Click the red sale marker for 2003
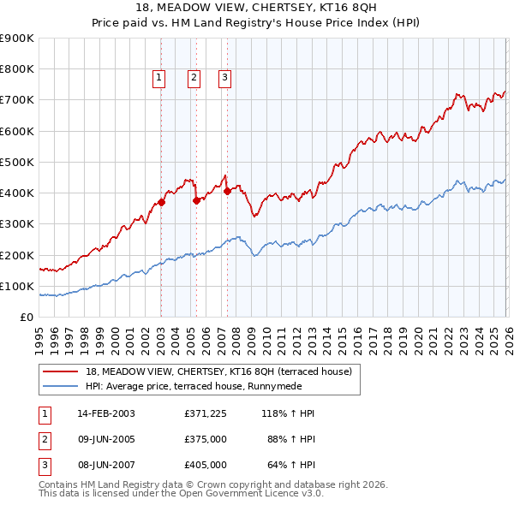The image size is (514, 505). tap(162, 203)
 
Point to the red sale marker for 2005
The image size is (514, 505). tap(197, 201)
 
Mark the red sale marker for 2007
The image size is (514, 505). tap(227, 192)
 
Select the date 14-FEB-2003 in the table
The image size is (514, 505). tap(106, 413)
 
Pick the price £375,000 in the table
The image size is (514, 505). tap(206, 439)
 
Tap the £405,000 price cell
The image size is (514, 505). tap(206, 465)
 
